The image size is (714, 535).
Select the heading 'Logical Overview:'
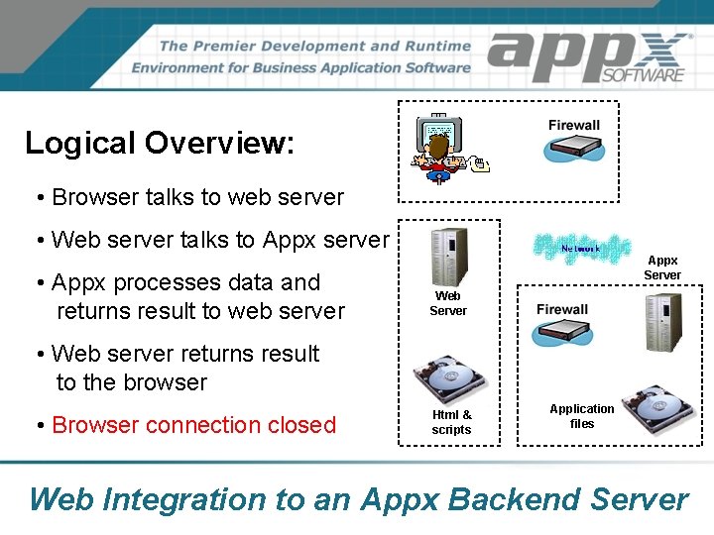click(x=160, y=143)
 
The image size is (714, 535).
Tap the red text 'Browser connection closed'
click(x=194, y=425)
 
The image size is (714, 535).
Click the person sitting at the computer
click(x=438, y=157)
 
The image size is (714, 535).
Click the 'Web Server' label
click(x=447, y=303)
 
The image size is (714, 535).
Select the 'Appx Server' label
click(x=661, y=267)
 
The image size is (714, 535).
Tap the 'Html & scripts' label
click(x=451, y=422)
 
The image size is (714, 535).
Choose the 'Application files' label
click(x=582, y=416)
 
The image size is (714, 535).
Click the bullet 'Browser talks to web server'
click(x=197, y=197)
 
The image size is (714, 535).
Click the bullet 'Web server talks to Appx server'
click(x=219, y=240)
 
